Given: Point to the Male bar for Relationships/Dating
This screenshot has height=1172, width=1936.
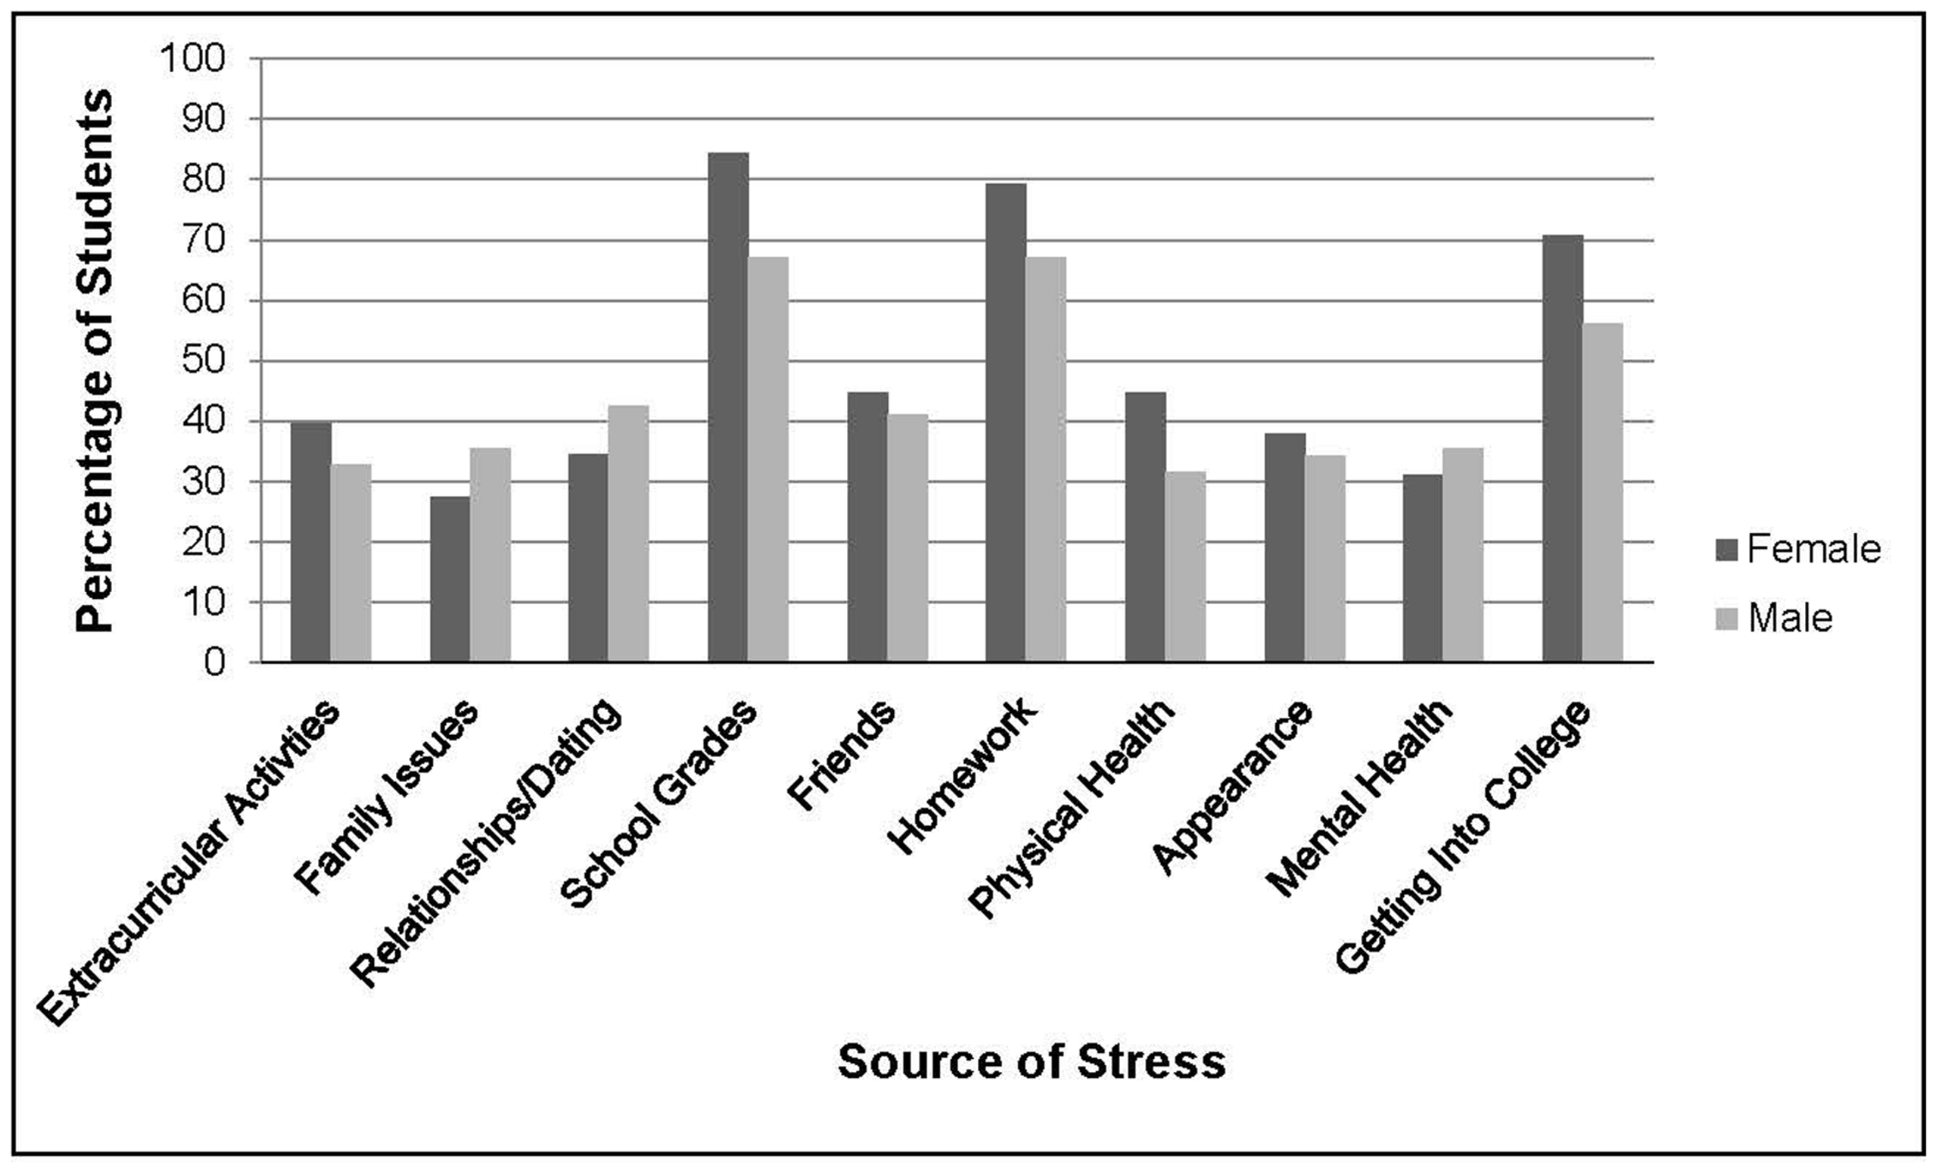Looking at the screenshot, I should click(x=629, y=534).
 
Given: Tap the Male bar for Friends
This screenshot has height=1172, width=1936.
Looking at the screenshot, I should click(x=908, y=538).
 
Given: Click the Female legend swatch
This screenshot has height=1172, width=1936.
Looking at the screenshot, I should click(x=1726, y=550).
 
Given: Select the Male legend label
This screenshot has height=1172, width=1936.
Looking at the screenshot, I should click(x=1791, y=619).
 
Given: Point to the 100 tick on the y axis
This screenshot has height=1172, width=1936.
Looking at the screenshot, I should click(x=193, y=59).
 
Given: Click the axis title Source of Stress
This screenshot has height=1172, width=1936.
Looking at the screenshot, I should click(x=1031, y=1062).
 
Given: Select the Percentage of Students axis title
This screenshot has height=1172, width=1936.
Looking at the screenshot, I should click(x=94, y=361).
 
